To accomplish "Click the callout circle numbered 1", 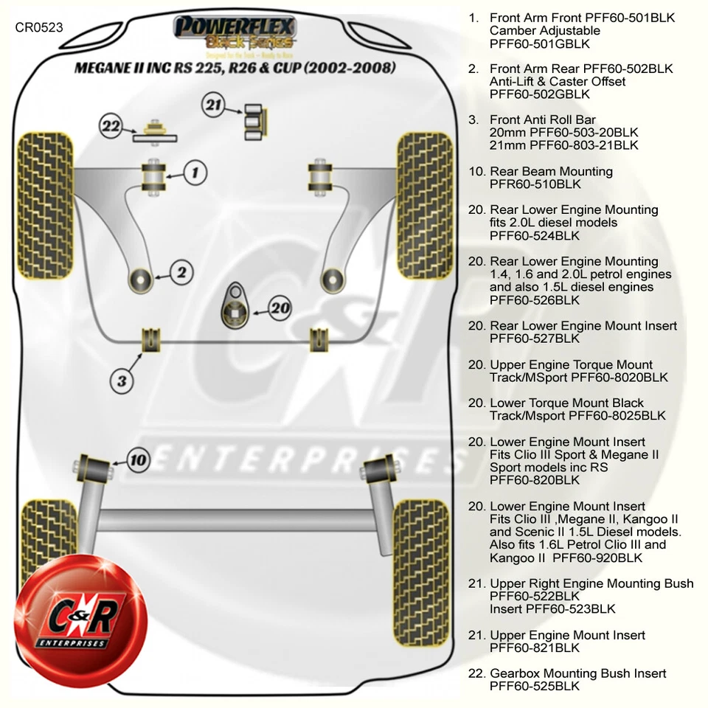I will (x=195, y=173).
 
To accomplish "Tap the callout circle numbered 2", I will (x=181, y=272).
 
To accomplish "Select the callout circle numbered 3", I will (x=122, y=381).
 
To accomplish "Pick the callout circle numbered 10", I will (x=138, y=461).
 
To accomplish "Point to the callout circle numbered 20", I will (x=280, y=308).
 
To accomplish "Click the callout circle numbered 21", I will (x=213, y=106).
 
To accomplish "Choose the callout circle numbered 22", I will (x=111, y=127).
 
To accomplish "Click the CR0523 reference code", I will (x=39, y=27).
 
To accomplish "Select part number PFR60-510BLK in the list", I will (x=535, y=184).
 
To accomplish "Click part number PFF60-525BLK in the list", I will (x=534, y=686).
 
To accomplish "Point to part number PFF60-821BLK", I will (x=534, y=648).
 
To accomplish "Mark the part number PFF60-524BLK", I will (x=534, y=235).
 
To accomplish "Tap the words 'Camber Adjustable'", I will (x=544, y=31).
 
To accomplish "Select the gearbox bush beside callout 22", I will (x=156, y=131).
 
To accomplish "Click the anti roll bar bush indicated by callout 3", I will (x=151, y=338).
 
